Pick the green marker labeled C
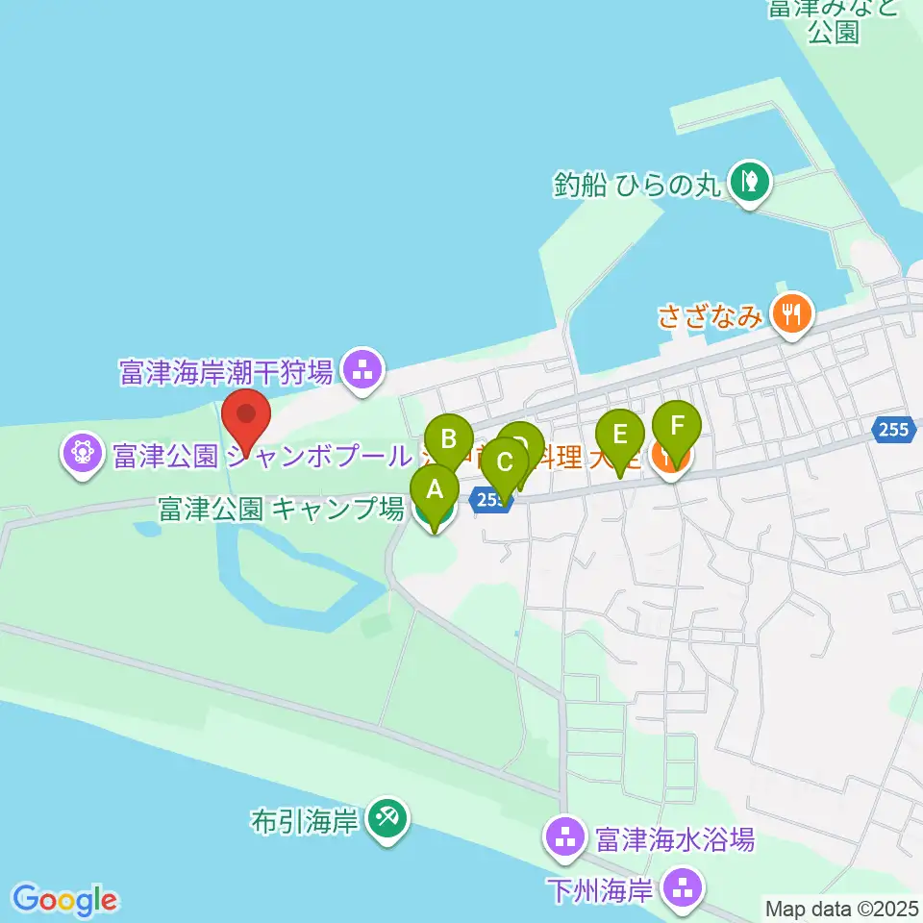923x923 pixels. click(x=504, y=462)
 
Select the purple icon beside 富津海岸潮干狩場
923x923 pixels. click(x=362, y=368)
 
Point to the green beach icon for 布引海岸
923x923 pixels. click(x=389, y=819)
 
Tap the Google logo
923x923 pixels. click(x=64, y=900)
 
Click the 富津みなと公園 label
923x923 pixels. click(x=833, y=21)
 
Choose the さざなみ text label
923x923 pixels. click(x=711, y=315)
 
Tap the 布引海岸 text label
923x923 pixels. click(x=304, y=820)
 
